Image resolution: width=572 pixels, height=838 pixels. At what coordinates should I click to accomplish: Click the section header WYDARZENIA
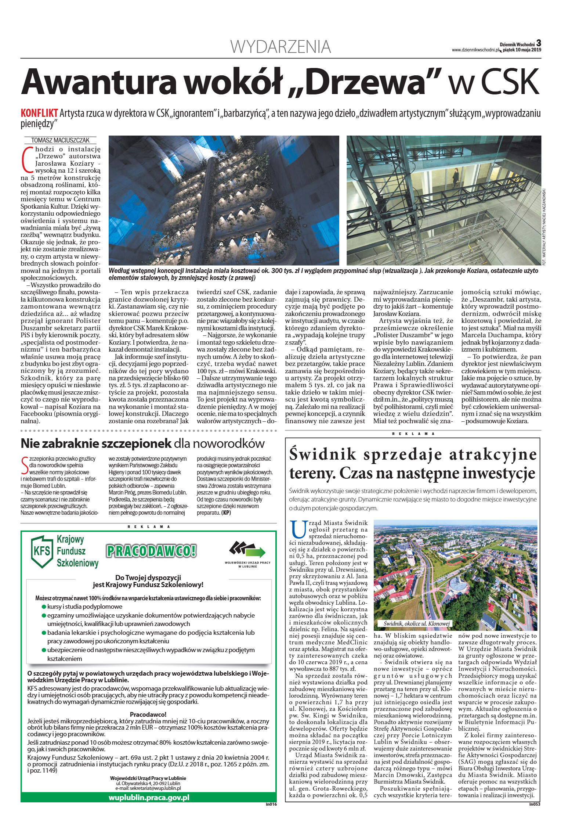[280, 47]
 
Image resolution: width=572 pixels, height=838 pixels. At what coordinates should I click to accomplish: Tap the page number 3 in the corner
[539, 43]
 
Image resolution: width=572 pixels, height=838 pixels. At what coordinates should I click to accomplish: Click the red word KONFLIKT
[39, 113]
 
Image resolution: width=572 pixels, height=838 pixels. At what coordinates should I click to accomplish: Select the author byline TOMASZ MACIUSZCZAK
[60, 140]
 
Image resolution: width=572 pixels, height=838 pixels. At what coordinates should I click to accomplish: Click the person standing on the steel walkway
[455, 177]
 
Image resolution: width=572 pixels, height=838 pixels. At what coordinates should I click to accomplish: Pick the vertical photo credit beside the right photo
[544, 226]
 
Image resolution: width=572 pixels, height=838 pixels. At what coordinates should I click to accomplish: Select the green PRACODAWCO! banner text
[151, 551]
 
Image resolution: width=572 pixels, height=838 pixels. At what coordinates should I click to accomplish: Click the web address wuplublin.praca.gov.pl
[149, 798]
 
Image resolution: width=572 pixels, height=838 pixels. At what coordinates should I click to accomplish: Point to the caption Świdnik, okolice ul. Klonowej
[416, 624]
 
